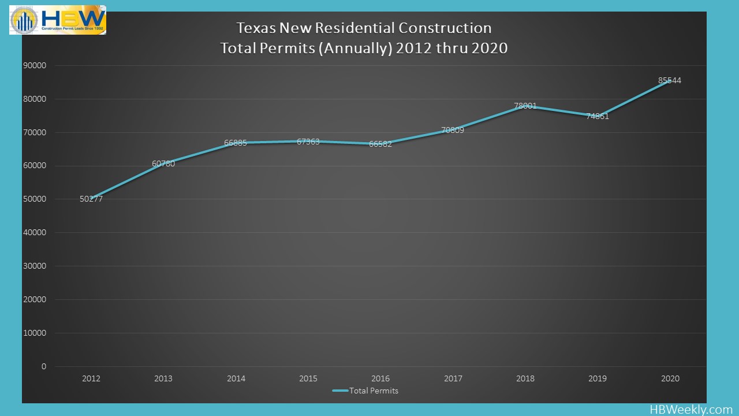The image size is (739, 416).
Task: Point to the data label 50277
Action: (91, 199)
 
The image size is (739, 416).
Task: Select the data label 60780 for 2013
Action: (163, 164)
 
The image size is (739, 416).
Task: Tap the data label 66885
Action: (236, 143)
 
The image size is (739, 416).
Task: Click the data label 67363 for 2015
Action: (308, 142)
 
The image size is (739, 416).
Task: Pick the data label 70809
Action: (453, 130)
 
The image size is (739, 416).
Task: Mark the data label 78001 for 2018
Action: (525, 106)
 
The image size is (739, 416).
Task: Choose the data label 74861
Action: (598, 116)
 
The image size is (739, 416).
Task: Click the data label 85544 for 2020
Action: (670, 81)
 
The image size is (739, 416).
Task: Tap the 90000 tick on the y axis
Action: (35, 65)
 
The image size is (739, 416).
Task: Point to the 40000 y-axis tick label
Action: (35, 233)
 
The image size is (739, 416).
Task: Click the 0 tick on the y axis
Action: (44, 366)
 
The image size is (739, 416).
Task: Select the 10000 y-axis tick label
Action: (35, 333)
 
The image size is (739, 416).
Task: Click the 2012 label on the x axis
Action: (91, 379)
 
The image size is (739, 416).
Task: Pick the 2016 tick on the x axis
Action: (380, 379)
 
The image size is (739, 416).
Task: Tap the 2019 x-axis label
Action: (598, 379)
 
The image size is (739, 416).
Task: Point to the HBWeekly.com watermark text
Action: (691, 409)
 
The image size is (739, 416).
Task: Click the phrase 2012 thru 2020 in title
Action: (453, 48)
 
